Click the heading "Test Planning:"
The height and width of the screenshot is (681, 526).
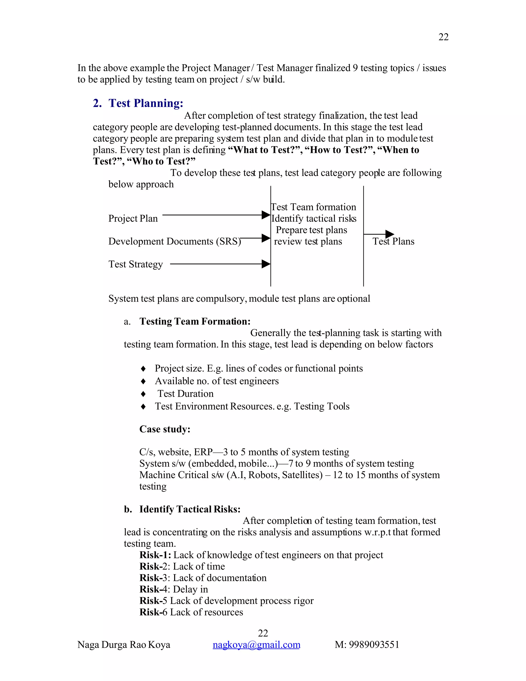pos(146,103)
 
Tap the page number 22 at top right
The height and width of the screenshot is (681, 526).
pos(443,37)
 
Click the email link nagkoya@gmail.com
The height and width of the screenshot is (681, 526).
pos(256,645)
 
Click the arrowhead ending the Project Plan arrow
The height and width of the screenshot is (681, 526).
pos(266,215)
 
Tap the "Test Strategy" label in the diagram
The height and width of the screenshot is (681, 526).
pos(135,264)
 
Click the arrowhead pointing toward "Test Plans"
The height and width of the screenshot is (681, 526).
pos(390,234)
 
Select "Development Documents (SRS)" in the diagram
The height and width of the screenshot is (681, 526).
pos(174,241)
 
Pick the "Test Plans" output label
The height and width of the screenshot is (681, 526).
pos(393,241)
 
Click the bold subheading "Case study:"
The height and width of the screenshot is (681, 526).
pos(165,429)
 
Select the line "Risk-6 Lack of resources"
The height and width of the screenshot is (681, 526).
pos(191,612)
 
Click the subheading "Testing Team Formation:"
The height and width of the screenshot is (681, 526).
pos(195,321)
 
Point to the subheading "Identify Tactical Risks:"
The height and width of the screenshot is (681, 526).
pos(190,509)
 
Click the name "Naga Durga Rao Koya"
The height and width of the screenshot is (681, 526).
pos(124,645)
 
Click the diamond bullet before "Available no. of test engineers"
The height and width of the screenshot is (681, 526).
pos(143,381)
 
